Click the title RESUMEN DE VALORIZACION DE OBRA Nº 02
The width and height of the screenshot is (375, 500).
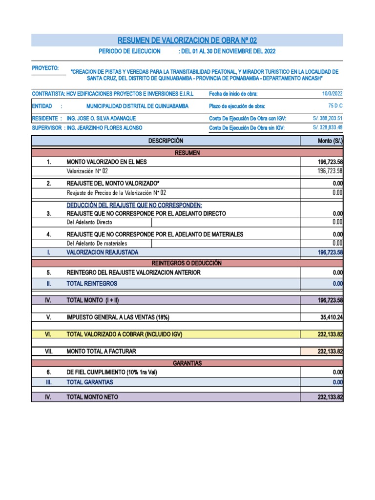(187, 40)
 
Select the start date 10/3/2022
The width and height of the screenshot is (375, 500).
(333, 94)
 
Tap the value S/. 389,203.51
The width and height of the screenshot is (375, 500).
(328, 118)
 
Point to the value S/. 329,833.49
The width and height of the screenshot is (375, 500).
(328, 128)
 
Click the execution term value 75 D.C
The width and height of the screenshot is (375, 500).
(335, 106)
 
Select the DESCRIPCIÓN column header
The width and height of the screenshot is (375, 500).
(166, 141)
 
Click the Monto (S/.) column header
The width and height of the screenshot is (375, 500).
(330, 141)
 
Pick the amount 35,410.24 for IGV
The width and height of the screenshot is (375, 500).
(332, 317)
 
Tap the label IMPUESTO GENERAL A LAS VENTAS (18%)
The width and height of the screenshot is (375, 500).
(118, 317)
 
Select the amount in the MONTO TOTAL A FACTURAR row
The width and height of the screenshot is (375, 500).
(330, 352)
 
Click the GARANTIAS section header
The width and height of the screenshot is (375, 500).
(187, 363)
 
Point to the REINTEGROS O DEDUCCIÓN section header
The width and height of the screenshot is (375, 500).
(187, 263)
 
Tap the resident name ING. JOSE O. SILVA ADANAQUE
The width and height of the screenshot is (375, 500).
(101, 119)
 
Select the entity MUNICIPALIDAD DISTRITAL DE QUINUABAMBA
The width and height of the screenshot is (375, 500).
(137, 106)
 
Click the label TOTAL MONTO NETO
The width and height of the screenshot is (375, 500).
(92, 397)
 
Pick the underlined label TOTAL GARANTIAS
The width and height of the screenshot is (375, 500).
(89, 382)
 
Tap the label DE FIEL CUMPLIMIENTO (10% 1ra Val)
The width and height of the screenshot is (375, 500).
(112, 372)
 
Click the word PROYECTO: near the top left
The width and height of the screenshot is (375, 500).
(45, 68)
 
